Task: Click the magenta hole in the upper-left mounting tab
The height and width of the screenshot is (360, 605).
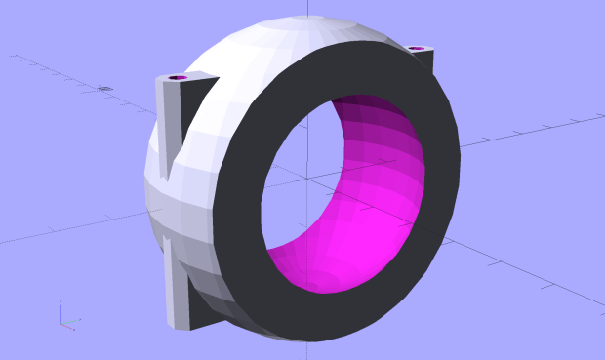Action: point(178,77)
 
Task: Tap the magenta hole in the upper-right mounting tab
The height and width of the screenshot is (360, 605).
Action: point(417,48)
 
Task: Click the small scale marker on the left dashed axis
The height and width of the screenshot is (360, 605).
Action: point(105,89)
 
